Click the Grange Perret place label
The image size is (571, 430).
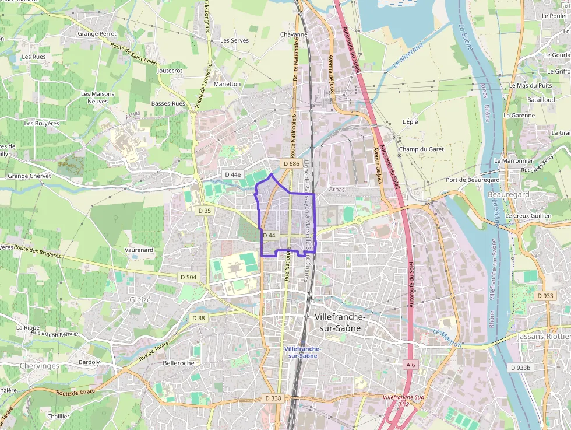pos(97,34)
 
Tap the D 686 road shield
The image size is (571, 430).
pos(291,165)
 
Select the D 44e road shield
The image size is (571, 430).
pos(232,174)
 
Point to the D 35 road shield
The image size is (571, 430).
pos(205,211)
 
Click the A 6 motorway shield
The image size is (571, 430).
pos(411,365)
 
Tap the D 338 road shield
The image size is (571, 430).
pos(272,398)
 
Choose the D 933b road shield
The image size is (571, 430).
pos(520,368)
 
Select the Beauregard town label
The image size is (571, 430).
pos(508,194)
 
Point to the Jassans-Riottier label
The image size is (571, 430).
pos(544,337)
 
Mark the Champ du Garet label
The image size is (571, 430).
pos(421,149)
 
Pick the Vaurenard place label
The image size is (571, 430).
pos(139,250)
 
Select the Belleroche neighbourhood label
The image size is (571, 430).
pos(179,363)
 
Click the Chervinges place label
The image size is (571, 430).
pos(40,366)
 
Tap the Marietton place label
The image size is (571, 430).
pos(227,84)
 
